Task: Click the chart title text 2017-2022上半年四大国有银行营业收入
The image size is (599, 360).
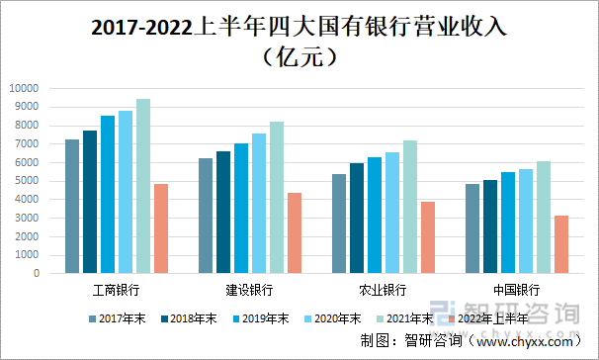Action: click(x=299, y=27)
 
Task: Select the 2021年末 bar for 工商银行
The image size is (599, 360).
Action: click(x=143, y=186)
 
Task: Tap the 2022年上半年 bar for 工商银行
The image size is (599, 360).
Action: click(x=161, y=228)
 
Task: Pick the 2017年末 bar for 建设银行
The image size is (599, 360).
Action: click(x=206, y=216)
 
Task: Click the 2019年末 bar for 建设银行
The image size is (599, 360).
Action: click(x=241, y=209)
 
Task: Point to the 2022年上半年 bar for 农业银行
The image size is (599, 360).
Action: click(x=428, y=237)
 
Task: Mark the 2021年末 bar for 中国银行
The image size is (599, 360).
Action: click(x=544, y=218)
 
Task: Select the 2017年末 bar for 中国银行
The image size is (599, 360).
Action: click(x=472, y=228)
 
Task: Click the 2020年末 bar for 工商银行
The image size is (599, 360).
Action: click(x=126, y=192)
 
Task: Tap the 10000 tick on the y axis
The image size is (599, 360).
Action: click(x=24, y=89)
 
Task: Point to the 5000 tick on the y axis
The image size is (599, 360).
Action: click(x=27, y=181)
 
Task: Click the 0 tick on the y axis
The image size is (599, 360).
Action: click(x=35, y=273)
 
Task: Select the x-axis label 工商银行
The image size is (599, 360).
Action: click(x=116, y=290)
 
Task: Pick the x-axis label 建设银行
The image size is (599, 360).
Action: click(x=249, y=290)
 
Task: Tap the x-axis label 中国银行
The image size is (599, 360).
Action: click(x=516, y=290)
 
